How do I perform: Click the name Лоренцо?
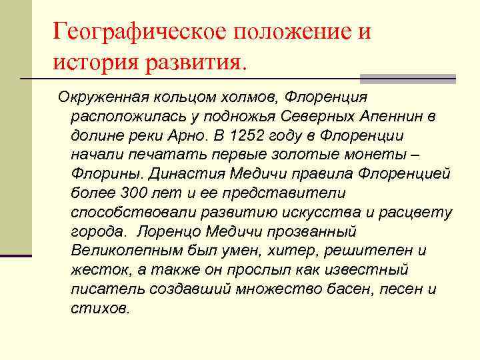(x=169, y=232)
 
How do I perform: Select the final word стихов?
(x=100, y=309)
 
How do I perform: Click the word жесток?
(x=97, y=271)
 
